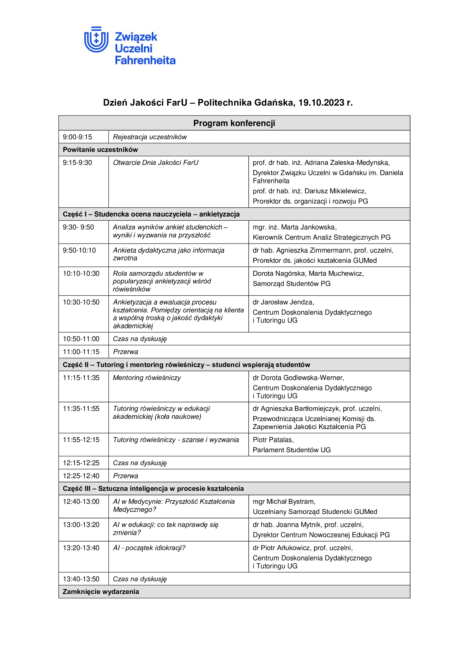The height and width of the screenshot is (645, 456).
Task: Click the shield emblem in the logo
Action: point(96,40)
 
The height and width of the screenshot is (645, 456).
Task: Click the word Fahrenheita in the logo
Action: point(145,60)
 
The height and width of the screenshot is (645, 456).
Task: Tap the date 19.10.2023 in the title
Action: point(321,103)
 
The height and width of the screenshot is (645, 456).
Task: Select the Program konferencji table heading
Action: point(234,123)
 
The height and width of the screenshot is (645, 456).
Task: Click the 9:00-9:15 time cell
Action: point(77,137)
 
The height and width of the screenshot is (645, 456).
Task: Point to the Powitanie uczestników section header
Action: point(100,150)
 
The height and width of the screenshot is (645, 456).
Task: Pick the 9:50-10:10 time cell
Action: point(79,250)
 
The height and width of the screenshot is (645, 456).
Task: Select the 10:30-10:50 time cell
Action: point(81,302)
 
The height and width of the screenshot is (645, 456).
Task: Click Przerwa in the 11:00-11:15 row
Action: point(125,352)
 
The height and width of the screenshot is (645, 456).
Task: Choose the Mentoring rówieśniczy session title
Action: point(147,378)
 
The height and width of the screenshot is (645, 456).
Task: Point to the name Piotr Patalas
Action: point(272,440)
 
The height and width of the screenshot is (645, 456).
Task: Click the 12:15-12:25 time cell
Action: point(81,463)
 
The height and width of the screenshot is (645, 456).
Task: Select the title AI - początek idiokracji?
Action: point(149,548)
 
